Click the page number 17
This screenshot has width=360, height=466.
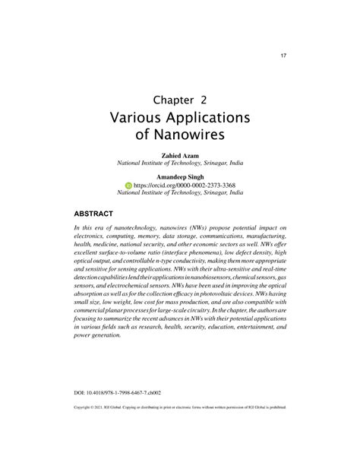tap(284, 55)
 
